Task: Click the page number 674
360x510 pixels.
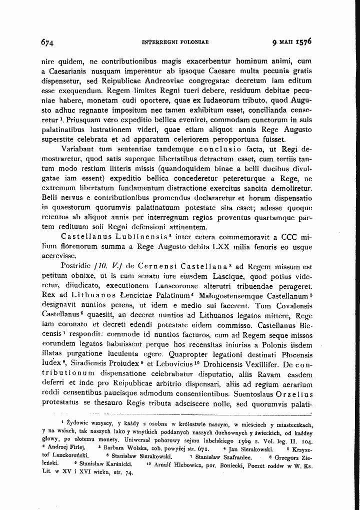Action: pos(47,42)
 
